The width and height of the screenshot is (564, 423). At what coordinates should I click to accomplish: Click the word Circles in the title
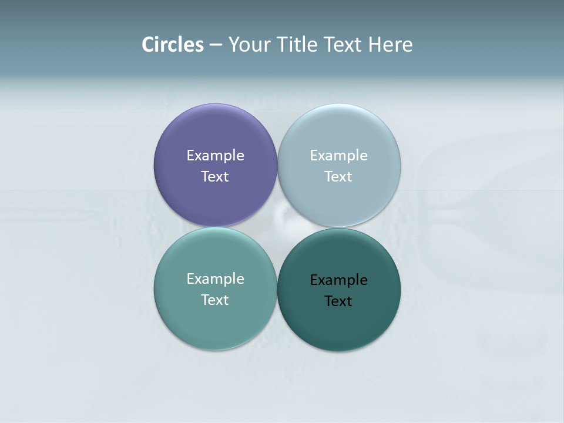173,45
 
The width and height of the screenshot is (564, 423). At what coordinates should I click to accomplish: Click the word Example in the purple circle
215,156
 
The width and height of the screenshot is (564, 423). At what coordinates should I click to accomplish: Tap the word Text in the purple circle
215,177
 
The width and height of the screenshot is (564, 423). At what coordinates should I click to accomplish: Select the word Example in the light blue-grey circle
338,156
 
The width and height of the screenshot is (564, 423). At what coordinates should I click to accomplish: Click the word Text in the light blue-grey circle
338,177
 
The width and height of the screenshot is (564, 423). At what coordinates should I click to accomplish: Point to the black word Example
338,280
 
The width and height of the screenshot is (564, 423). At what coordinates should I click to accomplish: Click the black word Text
338,301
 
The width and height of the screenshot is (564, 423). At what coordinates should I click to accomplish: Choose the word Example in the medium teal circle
215,279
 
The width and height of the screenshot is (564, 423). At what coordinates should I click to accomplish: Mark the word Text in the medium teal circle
215,300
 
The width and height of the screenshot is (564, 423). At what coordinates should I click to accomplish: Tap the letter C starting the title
148,45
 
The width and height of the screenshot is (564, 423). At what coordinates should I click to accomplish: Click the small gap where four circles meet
277,227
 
